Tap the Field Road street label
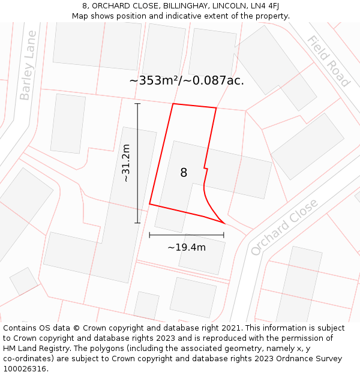click(328, 61)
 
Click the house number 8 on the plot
click(184, 173)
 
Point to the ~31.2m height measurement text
click(126, 163)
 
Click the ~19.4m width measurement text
click(187, 247)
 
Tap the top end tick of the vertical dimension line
click(137, 104)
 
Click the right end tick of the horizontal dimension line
click(224, 235)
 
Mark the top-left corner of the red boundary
click(173, 104)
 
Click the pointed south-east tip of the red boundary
click(224, 223)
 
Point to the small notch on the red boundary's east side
click(205, 168)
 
